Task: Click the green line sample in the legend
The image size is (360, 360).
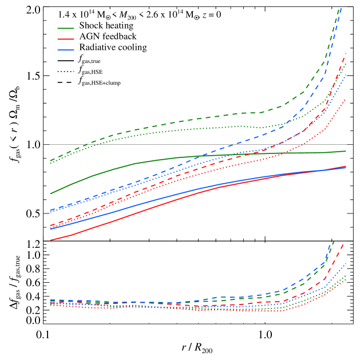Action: pyautogui.click(x=66, y=28)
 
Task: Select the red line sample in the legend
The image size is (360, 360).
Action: pyautogui.click(x=66, y=39)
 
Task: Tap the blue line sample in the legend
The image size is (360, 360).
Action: pyautogui.click(x=66, y=50)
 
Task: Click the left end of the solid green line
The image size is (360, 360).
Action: pyautogui.click(x=50, y=193)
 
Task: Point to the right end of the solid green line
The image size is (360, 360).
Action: pyautogui.click(x=346, y=151)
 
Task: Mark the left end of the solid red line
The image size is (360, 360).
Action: pyautogui.click(x=50, y=240)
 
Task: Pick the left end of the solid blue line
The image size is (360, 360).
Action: pyautogui.click(x=50, y=229)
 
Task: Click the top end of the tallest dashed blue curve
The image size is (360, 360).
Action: pyautogui.click(x=341, y=7)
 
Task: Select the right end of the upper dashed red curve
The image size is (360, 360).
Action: pyautogui.click(x=346, y=53)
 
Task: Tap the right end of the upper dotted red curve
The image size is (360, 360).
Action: pyautogui.click(x=346, y=99)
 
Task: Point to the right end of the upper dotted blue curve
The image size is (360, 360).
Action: pyautogui.click(x=346, y=74)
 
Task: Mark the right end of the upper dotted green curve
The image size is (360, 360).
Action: pyautogui.click(x=346, y=64)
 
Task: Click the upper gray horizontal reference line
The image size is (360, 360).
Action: pyautogui.click(x=172, y=144)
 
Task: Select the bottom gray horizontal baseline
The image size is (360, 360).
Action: pyautogui.click(x=172, y=324)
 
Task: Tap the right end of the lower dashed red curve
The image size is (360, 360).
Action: pyautogui.click(x=345, y=243)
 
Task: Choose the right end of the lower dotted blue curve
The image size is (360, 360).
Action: pyautogui.click(x=346, y=263)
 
